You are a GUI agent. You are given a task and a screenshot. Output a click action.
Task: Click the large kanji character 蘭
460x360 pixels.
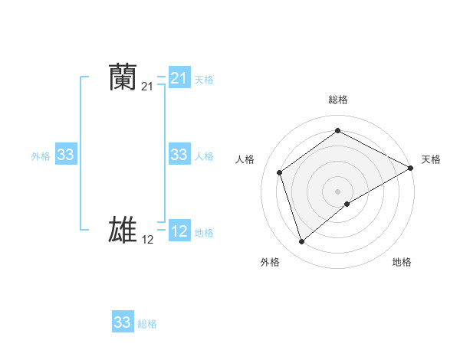(123, 78)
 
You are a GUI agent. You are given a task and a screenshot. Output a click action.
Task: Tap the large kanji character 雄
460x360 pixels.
(123, 230)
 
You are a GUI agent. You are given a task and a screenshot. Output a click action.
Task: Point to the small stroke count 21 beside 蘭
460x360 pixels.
(147, 88)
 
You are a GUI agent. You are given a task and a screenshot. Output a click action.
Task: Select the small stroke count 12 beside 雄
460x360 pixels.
(147, 240)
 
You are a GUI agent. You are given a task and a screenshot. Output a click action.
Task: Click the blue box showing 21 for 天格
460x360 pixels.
(179, 78)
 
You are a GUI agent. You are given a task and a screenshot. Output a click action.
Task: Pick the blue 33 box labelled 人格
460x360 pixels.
(179, 155)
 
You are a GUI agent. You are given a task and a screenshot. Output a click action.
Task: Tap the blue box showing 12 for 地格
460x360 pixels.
(179, 232)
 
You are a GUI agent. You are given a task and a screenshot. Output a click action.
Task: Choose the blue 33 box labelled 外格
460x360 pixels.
(66, 155)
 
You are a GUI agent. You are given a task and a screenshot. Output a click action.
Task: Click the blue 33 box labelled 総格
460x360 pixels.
(123, 322)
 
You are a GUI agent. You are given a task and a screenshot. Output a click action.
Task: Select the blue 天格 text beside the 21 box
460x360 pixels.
(204, 79)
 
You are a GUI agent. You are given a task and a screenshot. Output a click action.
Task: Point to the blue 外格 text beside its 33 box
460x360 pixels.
(41, 156)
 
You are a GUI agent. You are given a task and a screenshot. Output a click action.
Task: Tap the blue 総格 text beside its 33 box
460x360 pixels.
(147, 324)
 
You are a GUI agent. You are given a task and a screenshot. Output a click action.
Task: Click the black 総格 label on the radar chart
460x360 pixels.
(338, 100)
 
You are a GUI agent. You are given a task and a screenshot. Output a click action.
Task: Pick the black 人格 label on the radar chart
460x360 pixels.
(245, 159)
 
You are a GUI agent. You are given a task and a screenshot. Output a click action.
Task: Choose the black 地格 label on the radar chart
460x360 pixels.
(402, 263)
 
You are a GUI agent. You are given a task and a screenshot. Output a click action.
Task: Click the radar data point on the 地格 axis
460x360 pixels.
(348, 204)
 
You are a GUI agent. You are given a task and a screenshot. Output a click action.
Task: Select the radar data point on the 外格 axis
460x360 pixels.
(302, 242)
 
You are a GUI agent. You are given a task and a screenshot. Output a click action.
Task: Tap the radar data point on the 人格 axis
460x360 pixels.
(280, 172)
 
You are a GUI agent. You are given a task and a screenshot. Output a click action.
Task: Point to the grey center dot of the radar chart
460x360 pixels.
(338, 191)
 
